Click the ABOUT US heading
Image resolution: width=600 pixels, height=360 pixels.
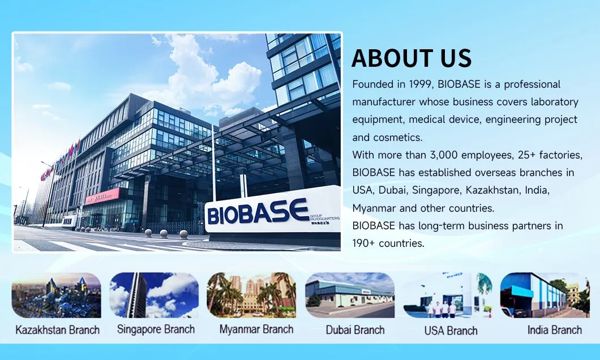pos(412,58)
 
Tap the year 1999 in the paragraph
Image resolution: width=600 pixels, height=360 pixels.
pos(420,84)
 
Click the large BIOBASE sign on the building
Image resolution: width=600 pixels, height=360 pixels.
pos(258,212)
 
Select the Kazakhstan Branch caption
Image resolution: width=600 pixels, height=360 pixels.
pos(57,330)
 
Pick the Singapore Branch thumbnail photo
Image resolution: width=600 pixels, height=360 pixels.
pos(154,295)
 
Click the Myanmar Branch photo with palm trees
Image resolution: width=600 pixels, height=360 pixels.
pos(251,295)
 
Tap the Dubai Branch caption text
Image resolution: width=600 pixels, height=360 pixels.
pos(355,330)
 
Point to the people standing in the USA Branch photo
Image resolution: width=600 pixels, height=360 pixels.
pos(441,309)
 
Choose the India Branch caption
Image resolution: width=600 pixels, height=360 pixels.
pos(555,330)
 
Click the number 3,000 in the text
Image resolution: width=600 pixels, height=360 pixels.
pos(444,155)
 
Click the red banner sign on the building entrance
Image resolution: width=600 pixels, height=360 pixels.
pos(102,196)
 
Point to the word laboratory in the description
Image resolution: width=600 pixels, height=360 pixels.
pos(555,102)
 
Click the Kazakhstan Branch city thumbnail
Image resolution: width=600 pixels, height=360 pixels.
pos(56,295)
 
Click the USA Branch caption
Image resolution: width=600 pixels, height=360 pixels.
pos(451,331)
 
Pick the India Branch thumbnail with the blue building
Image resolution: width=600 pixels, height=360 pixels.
pos(545,295)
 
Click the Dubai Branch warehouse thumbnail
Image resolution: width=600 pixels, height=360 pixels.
pos(350,295)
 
